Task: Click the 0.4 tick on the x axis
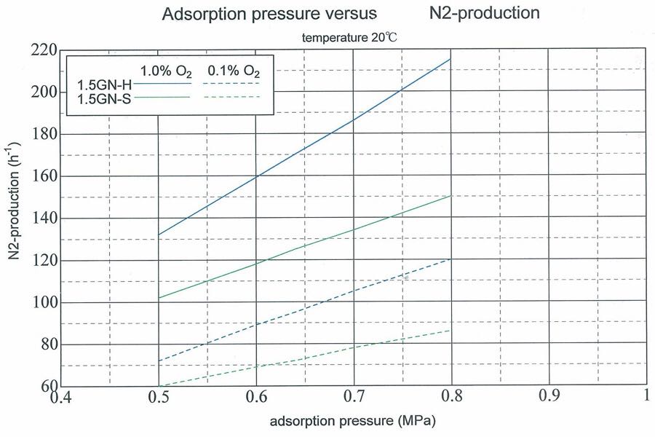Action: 60,398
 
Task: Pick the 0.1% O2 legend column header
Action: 234,71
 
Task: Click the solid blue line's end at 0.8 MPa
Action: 450,59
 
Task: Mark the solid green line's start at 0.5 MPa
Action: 159,298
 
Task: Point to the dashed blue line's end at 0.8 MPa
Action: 450,259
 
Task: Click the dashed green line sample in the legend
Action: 234,97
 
